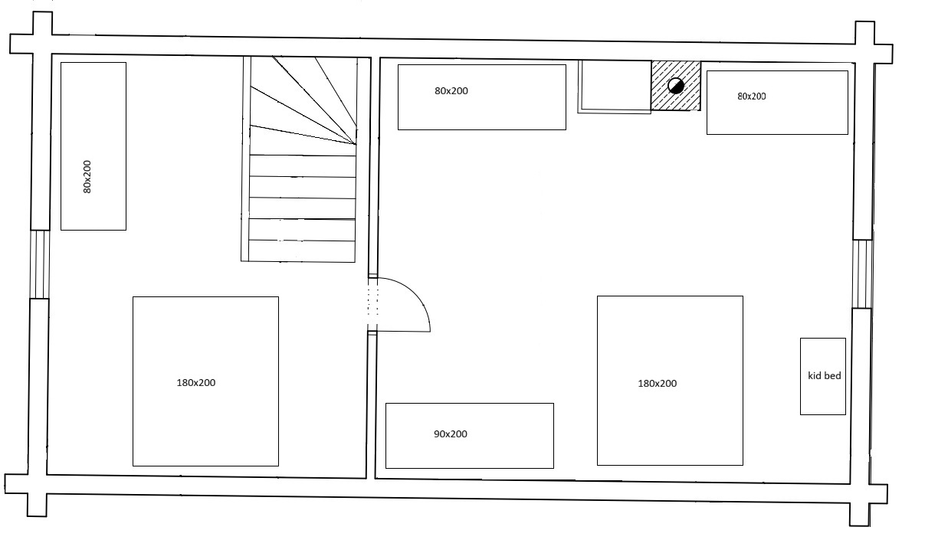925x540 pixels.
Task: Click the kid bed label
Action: pos(825,375)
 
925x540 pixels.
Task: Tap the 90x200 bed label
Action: pos(451,434)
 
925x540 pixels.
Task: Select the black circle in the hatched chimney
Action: pos(676,86)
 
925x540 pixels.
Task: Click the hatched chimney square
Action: pos(676,86)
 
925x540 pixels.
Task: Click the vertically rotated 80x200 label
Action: pos(87,177)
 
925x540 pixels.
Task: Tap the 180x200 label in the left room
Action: pos(196,383)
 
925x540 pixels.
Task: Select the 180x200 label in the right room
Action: pos(658,384)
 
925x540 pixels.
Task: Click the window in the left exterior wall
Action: pos(40,264)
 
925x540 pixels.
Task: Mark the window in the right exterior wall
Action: pos(863,274)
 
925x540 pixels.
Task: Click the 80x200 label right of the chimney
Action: pos(752,97)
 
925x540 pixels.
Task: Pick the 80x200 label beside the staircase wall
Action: pos(451,91)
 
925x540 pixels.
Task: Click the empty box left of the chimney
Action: pos(615,87)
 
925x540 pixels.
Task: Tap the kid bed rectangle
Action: pos(823,377)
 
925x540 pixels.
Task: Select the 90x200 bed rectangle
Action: pos(470,436)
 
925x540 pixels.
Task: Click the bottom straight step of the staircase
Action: pos(302,251)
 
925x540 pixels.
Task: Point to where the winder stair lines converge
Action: pos(356,144)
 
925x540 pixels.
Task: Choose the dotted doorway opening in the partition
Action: pos(373,304)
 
